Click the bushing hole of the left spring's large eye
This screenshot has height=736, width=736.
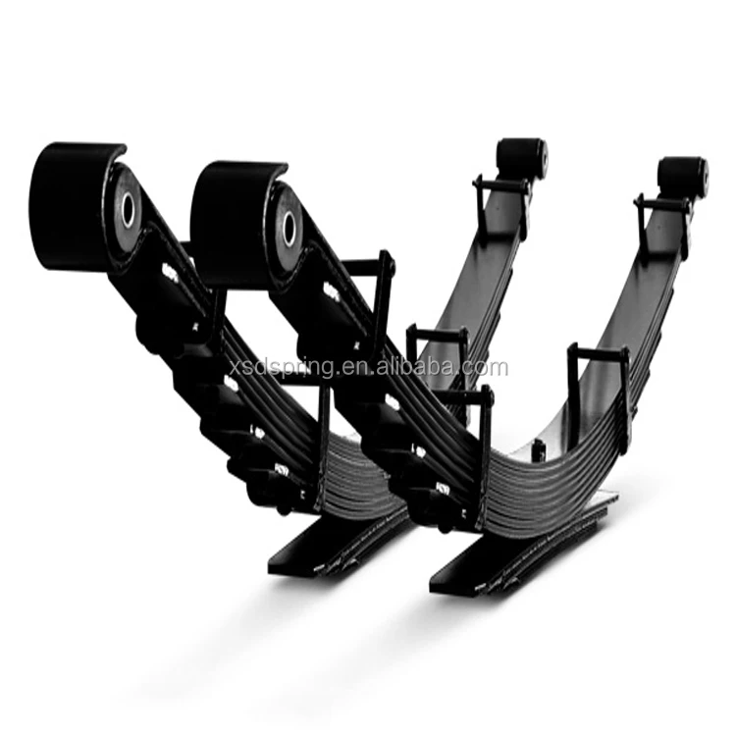pyautogui.click(x=129, y=208)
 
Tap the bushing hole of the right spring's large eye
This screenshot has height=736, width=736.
pyautogui.click(x=289, y=228)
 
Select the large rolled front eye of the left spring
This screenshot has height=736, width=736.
pyautogui.click(x=79, y=206)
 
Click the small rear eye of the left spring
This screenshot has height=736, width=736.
pyautogui.click(x=521, y=157)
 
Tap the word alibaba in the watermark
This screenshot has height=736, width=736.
pyautogui.click(x=423, y=368)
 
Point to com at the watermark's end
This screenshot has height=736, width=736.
pyautogui.click(x=491, y=368)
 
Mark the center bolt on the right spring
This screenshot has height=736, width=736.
pyautogui.click(x=538, y=451)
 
